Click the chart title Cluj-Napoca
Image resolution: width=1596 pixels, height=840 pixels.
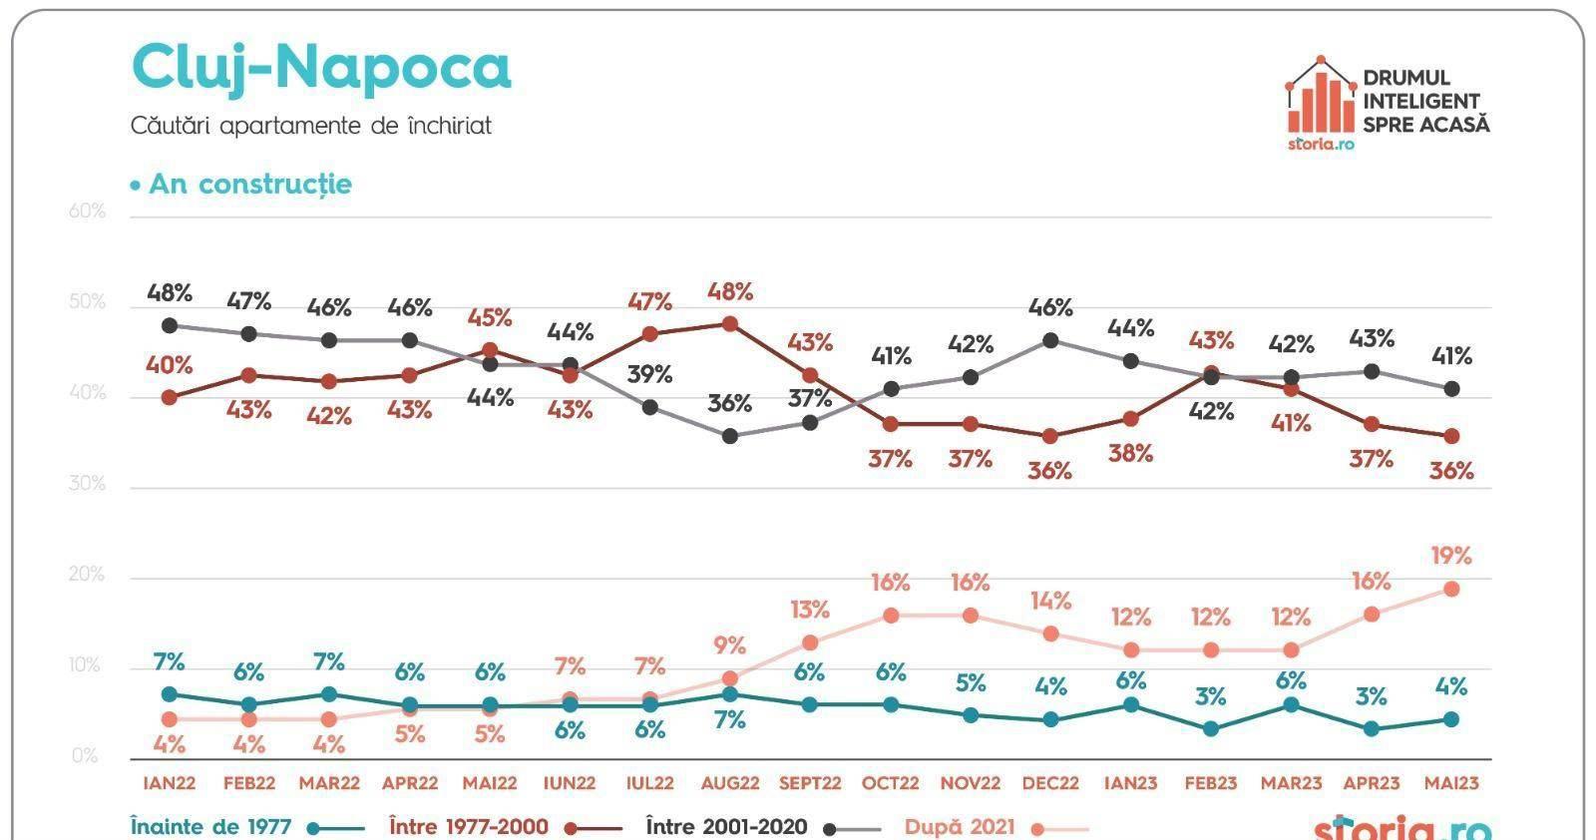click(x=320, y=68)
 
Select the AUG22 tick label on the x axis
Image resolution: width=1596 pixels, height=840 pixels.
click(x=730, y=783)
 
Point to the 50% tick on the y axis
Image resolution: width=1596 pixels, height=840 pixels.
click(x=88, y=302)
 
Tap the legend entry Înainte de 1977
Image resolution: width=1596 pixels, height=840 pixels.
click(x=211, y=827)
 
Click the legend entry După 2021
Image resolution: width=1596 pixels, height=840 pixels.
click(x=960, y=827)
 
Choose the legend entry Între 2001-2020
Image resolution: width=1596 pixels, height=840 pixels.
click(x=727, y=827)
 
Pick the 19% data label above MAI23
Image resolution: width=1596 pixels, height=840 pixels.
click(x=1450, y=556)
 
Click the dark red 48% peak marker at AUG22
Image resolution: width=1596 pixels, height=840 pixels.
click(x=730, y=324)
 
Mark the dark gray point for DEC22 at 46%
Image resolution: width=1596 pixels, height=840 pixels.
click(x=1050, y=340)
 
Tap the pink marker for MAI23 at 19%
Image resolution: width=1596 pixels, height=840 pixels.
click(x=1451, y=589)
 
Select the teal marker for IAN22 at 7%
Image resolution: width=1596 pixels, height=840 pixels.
click(x=170, y=694)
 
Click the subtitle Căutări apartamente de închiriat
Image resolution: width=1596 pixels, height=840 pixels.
click(x=310, y=127)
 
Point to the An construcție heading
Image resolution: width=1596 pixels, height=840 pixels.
click(x=249, y=185)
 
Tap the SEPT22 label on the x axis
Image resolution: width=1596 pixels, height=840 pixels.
click(x=810, y=783)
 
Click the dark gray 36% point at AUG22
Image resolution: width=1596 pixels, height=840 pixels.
click(x=730, y=436)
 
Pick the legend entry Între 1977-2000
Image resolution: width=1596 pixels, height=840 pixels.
click(x=469, y=827)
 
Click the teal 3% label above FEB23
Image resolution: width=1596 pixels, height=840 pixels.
click(x=1210, y=696)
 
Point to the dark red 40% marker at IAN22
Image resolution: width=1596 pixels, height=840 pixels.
click(x=170, y=397)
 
